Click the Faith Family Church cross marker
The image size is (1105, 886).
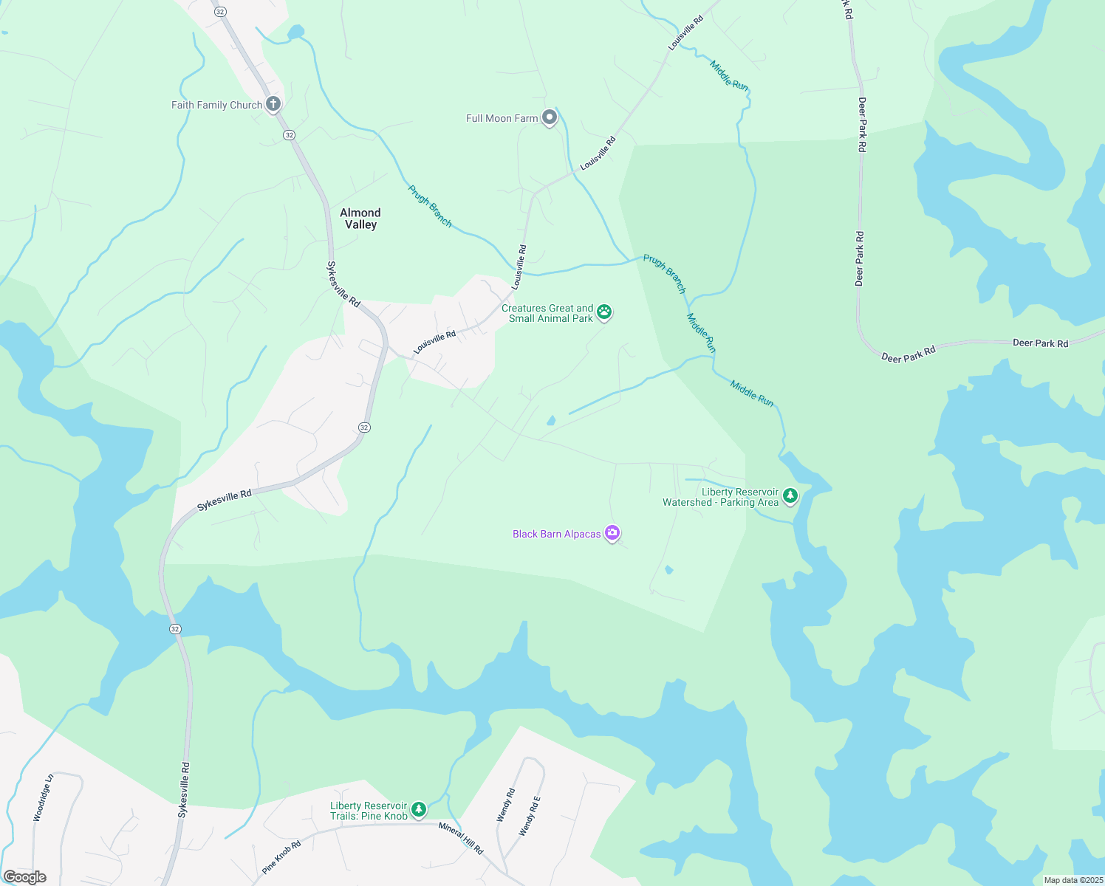(273, 104)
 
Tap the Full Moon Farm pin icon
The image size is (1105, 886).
(550, 117)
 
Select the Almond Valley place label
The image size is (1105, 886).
(360, 219)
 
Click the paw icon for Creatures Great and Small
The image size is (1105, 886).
(604, 312)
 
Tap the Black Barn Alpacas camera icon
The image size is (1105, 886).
(612, 532)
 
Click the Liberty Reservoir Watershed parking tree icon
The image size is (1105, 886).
(790, 495)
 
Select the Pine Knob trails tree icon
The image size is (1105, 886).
(419, 809)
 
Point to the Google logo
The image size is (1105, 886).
(25, 877)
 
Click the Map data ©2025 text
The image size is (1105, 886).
(1073, 880)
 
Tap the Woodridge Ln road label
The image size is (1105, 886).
(44, 797)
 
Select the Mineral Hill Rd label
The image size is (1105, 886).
(461, 838)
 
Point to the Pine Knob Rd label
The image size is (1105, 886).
(281, 857)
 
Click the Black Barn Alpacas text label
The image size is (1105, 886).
(557, 534)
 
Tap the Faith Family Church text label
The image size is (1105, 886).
(216, 105)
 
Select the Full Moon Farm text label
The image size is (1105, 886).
(502, 118)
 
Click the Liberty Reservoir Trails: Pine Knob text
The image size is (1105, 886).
(369, 811)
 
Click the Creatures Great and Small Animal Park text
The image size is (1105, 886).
(549, 313)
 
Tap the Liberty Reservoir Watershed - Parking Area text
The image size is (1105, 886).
(721, 497)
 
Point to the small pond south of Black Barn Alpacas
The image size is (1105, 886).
(669, 569)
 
